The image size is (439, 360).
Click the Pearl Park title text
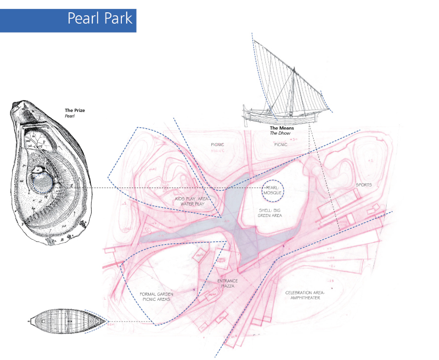coord(100,18)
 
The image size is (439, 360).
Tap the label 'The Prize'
coord(75,110)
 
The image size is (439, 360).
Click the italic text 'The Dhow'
coord(280,134)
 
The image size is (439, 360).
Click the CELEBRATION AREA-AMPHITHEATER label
coord(310,295)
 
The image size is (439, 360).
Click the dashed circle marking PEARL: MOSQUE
coord(272,190)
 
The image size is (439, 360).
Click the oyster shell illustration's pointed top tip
coord(17,104)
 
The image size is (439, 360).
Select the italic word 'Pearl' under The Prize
coord(69,116)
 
